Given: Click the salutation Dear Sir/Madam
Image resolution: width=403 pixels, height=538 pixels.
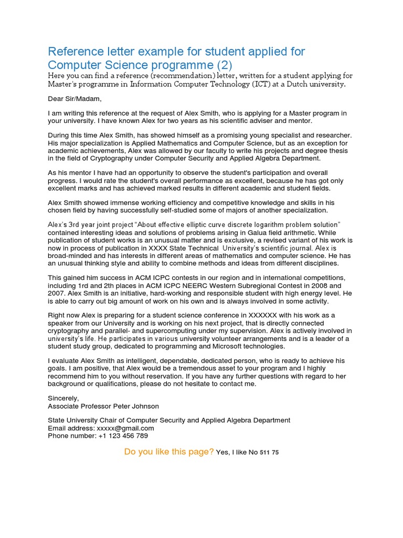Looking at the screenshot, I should pos(74,99).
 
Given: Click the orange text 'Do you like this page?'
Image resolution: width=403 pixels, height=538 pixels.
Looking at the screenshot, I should pos(169,452).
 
